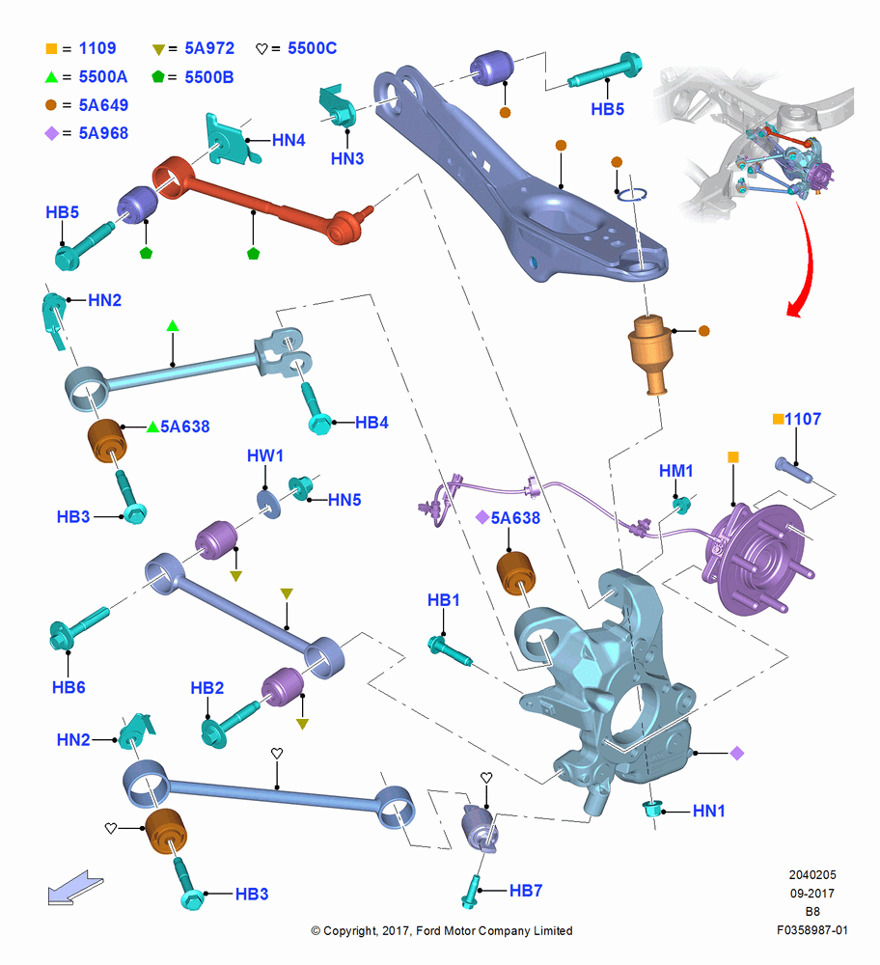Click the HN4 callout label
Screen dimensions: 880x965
pyautogui.click(x=289, y=140)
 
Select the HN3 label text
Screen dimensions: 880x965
pyautogui.click(x=347, y=159)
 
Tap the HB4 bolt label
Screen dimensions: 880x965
pyautogui.click(x=371, y=423)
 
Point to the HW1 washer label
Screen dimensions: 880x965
pyautogui.click(x=265, y=456)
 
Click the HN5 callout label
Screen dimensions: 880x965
pyautogui.click(x=344, y=500)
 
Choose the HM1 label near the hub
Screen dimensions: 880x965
pyautogui.click(x=675, y=471)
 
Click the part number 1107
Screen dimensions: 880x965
pyautogui.click(x=803, y=419)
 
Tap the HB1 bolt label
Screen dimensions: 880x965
pyautogui.click(x=444, y=600)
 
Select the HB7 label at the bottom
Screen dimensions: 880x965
pyautogui.click(x=526, y=891)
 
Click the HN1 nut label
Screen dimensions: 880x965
pyautogui.click(x=709, y=812)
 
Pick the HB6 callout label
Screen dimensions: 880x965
pyautogui.click(x=69, y=687)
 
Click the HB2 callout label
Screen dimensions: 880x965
pyautogui.click(x=206, y=688)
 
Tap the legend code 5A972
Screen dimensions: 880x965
pyautogui.click(x=209, y=48)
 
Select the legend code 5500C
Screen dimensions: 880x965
pyautogui.click(x=312, y=48)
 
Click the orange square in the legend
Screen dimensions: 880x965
pyautogui.click(x=52, y=48)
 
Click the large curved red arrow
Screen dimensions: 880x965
pyautogui.click(x=806, y=259)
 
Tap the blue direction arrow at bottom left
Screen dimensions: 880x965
pyautogui.click(x=75, y=888)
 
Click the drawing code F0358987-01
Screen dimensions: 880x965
pyautogui.click(x=811, y=930)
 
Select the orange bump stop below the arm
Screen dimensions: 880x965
pyautogui.click(x=648, y=352)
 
